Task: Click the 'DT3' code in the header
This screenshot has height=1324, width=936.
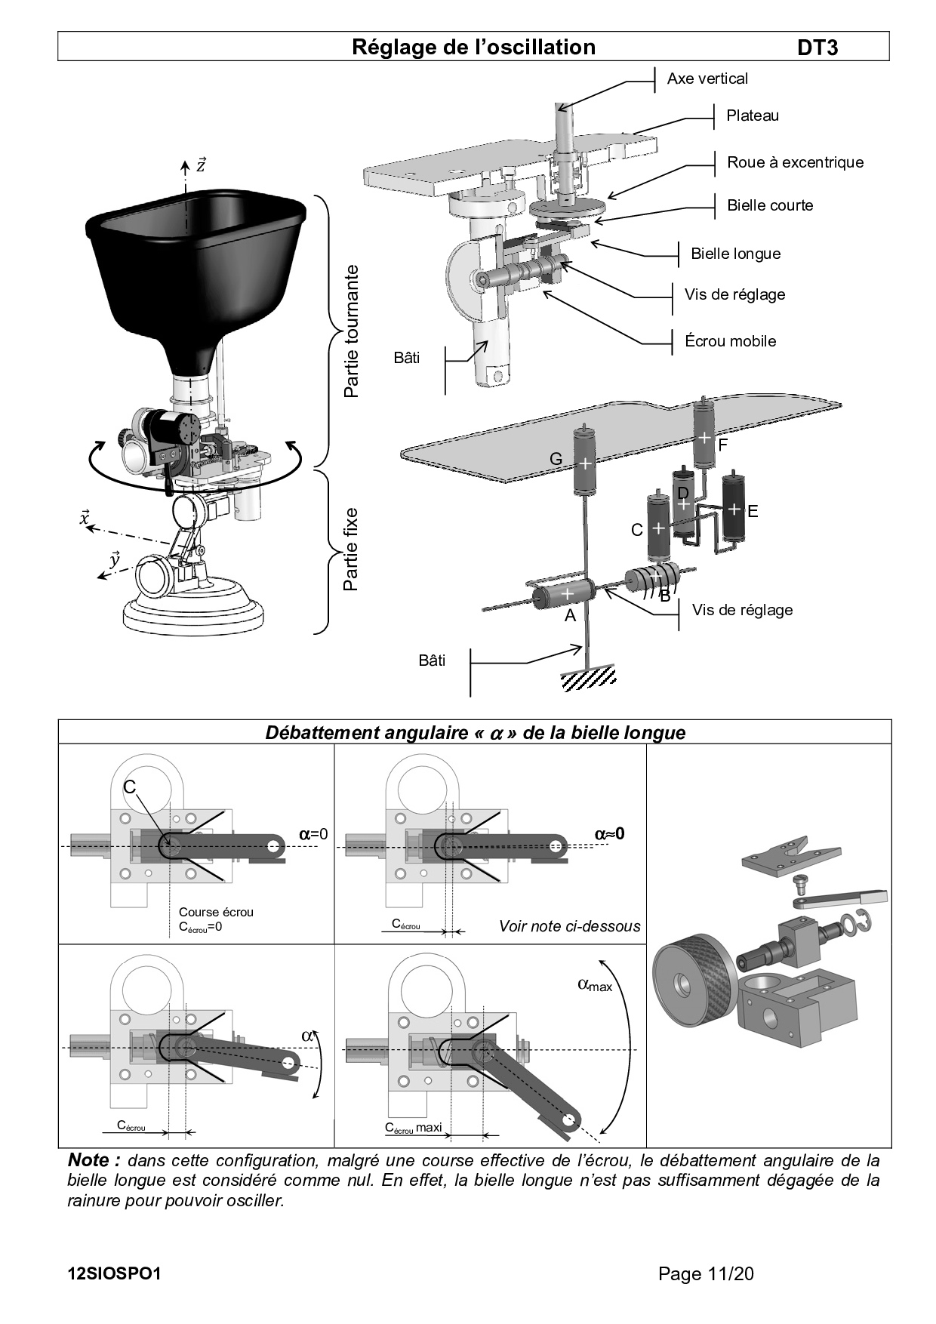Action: pyautogui.click(x=817, y=48)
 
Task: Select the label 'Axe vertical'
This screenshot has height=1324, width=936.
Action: pyautogui.click(x=707, y=79)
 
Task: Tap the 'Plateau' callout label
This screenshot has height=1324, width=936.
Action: pyautogui.click(x=752, y=115)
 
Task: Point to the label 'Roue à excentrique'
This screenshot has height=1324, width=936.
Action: pyautogui.click(x=795, y=162)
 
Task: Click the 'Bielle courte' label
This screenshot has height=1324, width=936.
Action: pyautogui.click(x=770, y=205)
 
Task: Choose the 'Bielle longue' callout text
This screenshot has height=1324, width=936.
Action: pyautogui.click(x=735, y=254)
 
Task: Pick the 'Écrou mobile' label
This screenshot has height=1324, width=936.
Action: pyautogui.click(x=730, y=341)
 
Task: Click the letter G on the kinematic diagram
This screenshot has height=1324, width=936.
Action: pyautogui.click(x=556, y=459)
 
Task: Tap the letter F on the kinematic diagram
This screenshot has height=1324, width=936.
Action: pyautogui.click(x=722, y=445)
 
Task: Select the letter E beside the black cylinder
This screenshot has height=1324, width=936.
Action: pyautogui.click(x=752, y=511)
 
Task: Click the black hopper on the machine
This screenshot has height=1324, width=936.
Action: pyautogui.click(x=195, y=272)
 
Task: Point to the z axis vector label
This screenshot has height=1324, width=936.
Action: pyautogui.click(x=201, y=165)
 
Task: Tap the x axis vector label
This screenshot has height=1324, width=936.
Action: pyautogui.click(x=85, y=518)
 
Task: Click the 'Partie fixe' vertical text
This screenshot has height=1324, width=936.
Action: pyautogui.click(x=351, y=549)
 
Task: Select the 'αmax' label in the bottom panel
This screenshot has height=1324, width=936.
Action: pyautogui.click(x=595, y=984)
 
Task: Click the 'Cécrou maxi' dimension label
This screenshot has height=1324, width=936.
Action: pyautogui.click(x=413, y=1128)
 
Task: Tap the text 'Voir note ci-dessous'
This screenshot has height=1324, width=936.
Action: pyautogui.click(x=569, y=926)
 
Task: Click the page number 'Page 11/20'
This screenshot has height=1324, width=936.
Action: pyautogui.click(x=706, y=1274)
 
